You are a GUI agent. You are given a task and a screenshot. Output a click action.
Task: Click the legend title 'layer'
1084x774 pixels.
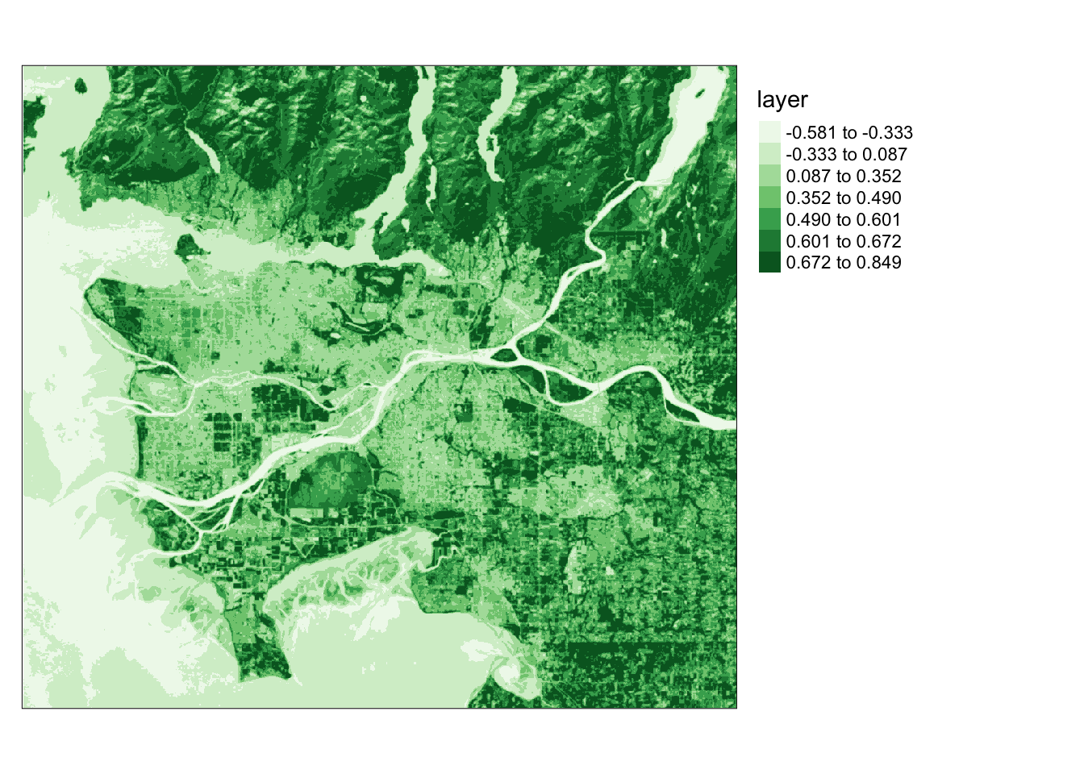782,100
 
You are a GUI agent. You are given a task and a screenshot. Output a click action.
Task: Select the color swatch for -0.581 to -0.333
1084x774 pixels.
769,132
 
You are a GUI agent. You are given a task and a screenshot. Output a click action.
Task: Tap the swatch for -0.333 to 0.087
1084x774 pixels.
769,154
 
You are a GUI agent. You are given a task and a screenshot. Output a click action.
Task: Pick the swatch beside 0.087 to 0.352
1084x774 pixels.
769,176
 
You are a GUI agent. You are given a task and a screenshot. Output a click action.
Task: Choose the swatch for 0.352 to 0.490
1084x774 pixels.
769,198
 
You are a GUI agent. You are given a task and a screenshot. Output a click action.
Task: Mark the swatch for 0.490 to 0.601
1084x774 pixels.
769,219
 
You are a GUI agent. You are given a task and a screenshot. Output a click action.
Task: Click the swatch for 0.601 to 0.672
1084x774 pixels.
769,241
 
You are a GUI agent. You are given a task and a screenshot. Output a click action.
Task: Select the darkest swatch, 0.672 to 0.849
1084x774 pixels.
769,262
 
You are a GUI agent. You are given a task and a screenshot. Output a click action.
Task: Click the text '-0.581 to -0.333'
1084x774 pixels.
849,133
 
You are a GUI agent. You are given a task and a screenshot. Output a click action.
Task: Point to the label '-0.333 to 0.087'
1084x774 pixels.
846,155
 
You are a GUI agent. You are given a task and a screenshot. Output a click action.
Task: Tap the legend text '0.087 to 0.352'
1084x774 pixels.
844,177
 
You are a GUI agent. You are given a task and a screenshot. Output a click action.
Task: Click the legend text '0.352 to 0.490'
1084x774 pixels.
844,198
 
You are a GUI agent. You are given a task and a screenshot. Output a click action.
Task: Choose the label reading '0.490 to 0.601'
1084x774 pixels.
844,220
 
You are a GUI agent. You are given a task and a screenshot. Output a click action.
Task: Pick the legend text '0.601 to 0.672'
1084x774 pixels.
844,242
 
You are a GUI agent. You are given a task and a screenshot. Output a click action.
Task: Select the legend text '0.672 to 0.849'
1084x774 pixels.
844,263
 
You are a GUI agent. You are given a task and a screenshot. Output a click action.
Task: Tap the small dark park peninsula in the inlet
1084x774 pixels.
187,244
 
